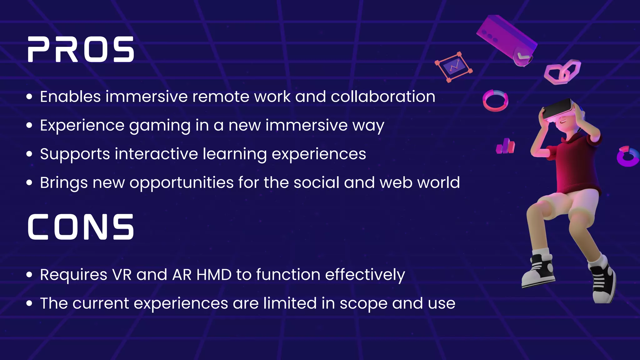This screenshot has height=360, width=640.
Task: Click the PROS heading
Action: [x=81, y=49]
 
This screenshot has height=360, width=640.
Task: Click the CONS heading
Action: [x=81, y=227]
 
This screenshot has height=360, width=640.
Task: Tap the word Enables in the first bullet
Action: [x=70, y=97]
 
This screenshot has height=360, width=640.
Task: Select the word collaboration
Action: [x=383, y=97]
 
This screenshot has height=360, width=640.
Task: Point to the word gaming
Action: [x=160, y=126]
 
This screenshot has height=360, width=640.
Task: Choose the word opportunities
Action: [x=182, y=183]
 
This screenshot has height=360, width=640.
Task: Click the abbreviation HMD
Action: [x=214, y=275]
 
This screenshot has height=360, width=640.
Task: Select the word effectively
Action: [x=365, y=275]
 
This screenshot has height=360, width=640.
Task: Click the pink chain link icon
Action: [x=562, y=72]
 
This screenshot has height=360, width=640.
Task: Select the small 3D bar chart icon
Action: [x=505, y=146]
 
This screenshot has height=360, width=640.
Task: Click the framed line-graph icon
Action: [x=454, y=67]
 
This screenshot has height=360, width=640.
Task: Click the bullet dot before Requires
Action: [x=29, y=275]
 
